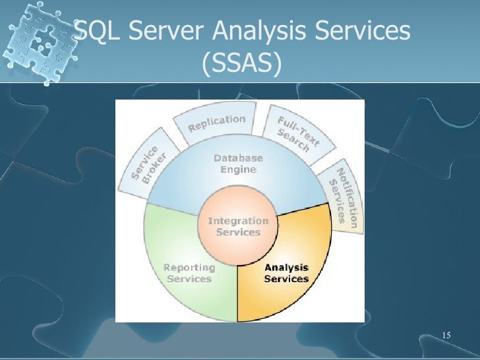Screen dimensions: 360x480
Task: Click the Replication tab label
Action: click(217, 123)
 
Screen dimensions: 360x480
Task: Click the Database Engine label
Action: click(237, 164)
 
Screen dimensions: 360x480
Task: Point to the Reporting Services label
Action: click(189, 273)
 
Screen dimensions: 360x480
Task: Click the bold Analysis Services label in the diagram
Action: click(286, 273)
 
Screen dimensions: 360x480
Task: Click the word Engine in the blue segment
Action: click(237, 169)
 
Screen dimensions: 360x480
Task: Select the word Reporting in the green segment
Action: click(189, 268)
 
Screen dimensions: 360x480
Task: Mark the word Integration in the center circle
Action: click(238, 221)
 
